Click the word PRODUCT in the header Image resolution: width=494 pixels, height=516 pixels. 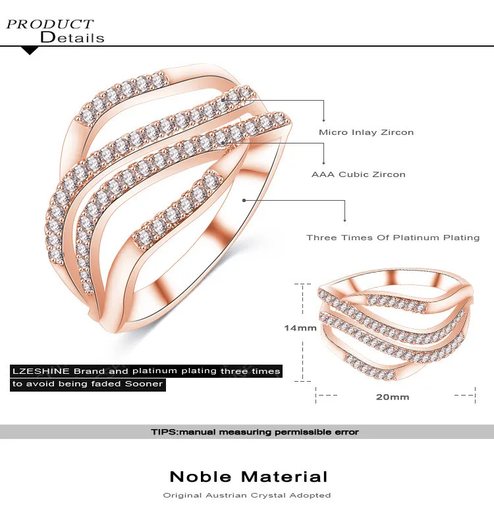click(x=50, y=24)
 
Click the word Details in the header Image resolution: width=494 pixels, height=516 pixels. click(x=72, y=38)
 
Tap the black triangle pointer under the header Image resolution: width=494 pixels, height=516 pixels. click(x=30, y=51)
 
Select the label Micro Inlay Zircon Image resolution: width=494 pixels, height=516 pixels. click(x=366, y=132)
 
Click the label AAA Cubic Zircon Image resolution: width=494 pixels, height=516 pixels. click(x=358, y=174)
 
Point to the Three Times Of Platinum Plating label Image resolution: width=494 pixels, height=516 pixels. click(x=393, y=238)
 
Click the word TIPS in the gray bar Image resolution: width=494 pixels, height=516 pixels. click(x=163, y=432)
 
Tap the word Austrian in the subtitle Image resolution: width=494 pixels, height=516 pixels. click(x=227, y=495)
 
